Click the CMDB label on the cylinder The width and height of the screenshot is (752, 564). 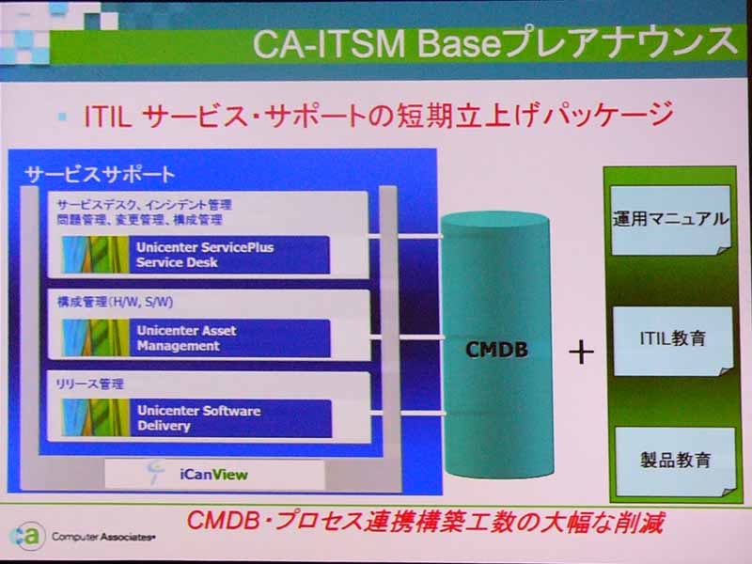tap(497, 349)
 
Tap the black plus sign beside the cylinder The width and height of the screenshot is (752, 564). tap(581, 352)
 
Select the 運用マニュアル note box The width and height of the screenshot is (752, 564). tap(670, 220)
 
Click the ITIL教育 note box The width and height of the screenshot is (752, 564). tap(673, 340)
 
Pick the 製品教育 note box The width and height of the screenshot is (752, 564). tap(675, 462)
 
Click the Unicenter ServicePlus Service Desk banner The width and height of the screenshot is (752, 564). tap(196, 255)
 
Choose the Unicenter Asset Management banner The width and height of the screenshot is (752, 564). tap(196, 338)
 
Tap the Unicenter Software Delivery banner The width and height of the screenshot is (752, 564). tap(196, 418)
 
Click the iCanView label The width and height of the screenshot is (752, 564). tap(214, 475)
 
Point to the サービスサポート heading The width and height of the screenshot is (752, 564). tap(100, 174)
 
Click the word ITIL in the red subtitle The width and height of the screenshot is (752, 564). tap(107, 116)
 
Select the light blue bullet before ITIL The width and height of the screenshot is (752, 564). tap(62, 116)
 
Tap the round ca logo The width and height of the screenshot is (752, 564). tap(28, 536)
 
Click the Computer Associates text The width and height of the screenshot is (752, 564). tap(103, 537)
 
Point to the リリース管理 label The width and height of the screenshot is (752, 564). tap(89, 384)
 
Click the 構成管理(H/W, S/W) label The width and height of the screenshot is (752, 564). tap(115, 302)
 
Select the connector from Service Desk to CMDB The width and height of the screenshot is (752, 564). tap(407, 237)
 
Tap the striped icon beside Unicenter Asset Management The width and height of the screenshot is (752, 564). tap(96, 338)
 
